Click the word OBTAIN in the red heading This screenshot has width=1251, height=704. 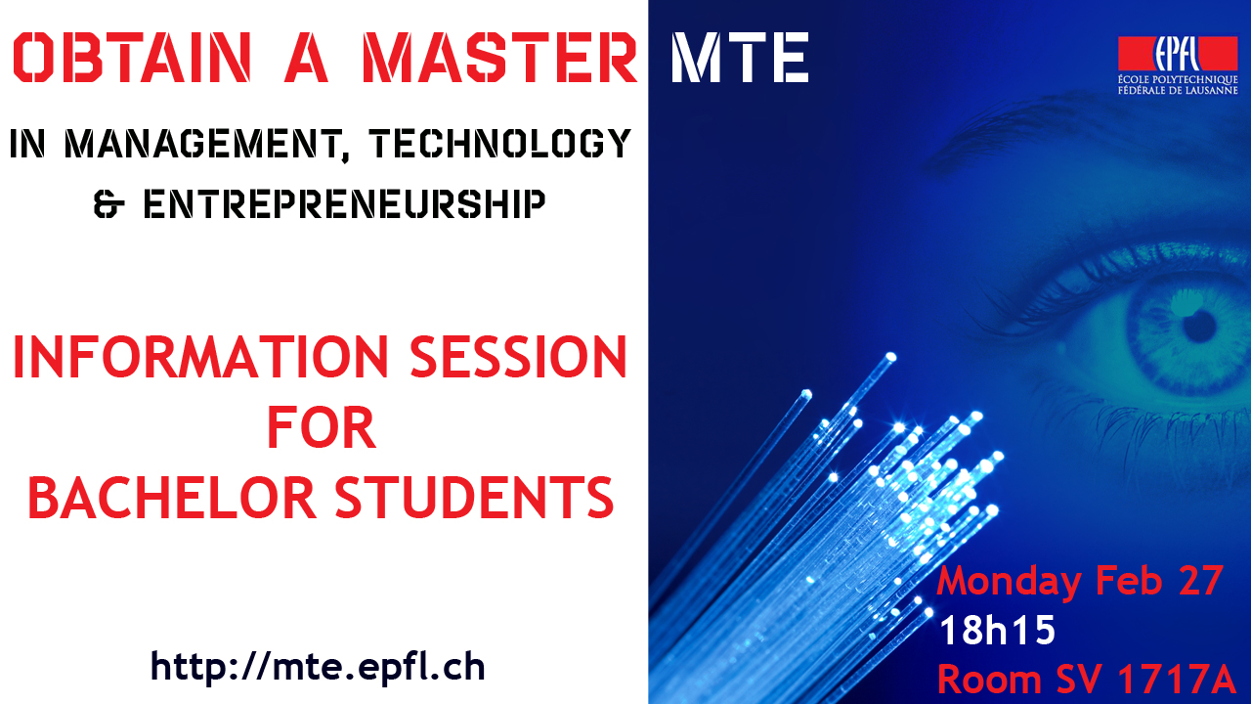131,58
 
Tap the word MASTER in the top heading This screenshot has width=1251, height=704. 499,58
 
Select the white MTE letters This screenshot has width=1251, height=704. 741,58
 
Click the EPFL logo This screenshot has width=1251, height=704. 1178,54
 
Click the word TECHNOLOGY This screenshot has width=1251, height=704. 499,143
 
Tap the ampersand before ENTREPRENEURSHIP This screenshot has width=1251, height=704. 108,204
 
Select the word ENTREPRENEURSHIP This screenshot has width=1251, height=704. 344,204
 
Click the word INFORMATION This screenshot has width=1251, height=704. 200,357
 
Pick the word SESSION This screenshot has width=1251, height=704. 519,357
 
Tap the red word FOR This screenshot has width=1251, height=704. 322,427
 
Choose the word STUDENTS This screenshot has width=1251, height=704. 474,498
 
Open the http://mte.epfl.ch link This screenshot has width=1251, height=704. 318,666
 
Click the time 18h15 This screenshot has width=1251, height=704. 998,631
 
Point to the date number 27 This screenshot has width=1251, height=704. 1201,581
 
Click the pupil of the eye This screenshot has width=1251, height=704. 1199,326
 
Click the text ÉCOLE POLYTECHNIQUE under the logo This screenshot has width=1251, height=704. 1178,80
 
